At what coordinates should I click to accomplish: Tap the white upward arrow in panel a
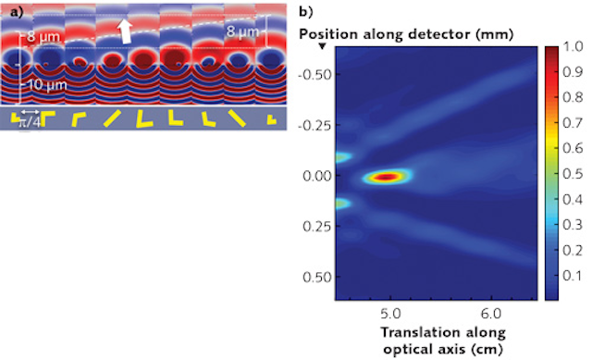126,31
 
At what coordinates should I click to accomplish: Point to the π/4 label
31,119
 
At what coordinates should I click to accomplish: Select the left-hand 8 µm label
39,37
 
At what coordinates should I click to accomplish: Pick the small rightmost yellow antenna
270,119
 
